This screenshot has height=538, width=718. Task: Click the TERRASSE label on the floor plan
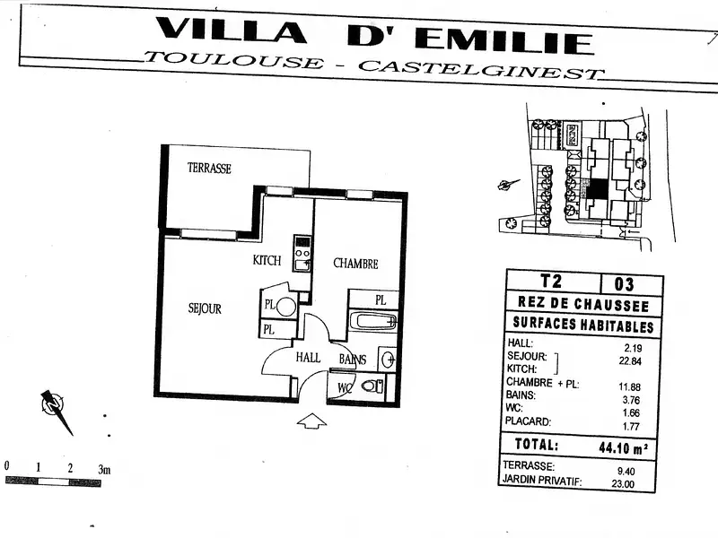(209, 168)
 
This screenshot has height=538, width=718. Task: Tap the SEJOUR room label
(205, 308)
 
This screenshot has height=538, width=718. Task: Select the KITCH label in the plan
(267, 261)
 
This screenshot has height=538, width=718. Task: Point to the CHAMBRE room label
(355, 264)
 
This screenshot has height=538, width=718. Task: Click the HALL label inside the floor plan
(308, 358)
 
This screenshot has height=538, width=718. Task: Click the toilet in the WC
(372, 386)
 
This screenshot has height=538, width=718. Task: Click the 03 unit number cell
(624, 284)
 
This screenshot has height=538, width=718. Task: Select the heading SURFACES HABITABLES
(582, 326)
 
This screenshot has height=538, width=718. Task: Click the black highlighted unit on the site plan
(597, 189)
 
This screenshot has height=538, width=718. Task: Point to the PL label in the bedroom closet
(381, 299)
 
